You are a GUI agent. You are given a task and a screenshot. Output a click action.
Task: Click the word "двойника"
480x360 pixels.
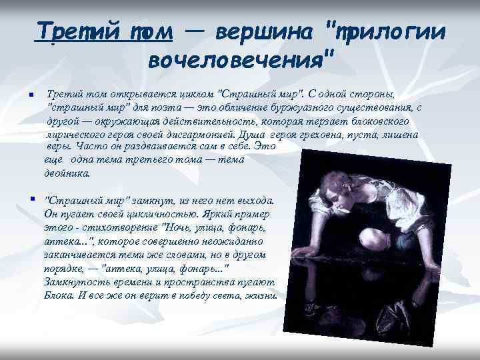pyautogui.click(x=65, y=173)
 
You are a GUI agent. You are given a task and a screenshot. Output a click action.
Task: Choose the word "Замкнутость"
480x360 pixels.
pyautogui.click(x=75, y=283)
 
